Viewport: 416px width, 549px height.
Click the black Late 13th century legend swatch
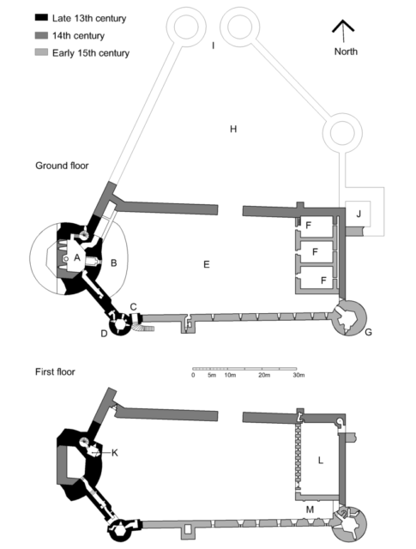pyautogui.click(x=41, y=17)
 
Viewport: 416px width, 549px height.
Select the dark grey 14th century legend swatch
pyautogui.click(x=41, y=35)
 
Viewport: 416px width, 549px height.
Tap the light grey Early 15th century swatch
pyautogui.click(x=41, y=52)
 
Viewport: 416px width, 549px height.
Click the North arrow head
pyautogui.click(x=343, y=26)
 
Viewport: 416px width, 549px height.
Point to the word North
pyautogui.click(x=346, y=51)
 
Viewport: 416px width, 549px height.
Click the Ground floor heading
pyautogui.click(x=62, y=166)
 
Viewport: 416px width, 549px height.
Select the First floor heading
pyautogui.click(x=55, y=371)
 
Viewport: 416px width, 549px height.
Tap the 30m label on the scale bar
pyautogui.click(x=298, y=375)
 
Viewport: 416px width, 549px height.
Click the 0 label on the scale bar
pyautogui.click(x=193, y=375)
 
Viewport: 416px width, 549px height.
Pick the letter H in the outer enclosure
pyautogui.click(x=233, y=130)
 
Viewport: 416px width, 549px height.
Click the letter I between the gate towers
pyautogui.click(x=213, y=45)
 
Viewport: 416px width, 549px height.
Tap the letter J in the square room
pyautogui.click(x=359, y=214)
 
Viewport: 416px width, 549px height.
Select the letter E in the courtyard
pyautogui.click(x=207, y=264)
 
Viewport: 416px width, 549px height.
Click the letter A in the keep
pyautogui.click(x=77, y=258)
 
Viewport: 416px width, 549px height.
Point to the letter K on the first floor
pyautogui.click(x=114, y=453)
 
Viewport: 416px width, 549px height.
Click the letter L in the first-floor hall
pyautogui.click(x=321, y=461)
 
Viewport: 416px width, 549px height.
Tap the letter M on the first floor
pyautogui.click(x=310, y=510)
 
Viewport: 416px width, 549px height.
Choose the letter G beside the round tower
pyautogui.click(x=368, y=332)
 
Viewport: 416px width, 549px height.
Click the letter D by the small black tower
pyautogui.click(x=104, y=334)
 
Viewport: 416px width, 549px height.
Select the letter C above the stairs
pyautogui.click(x=134, y=307)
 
